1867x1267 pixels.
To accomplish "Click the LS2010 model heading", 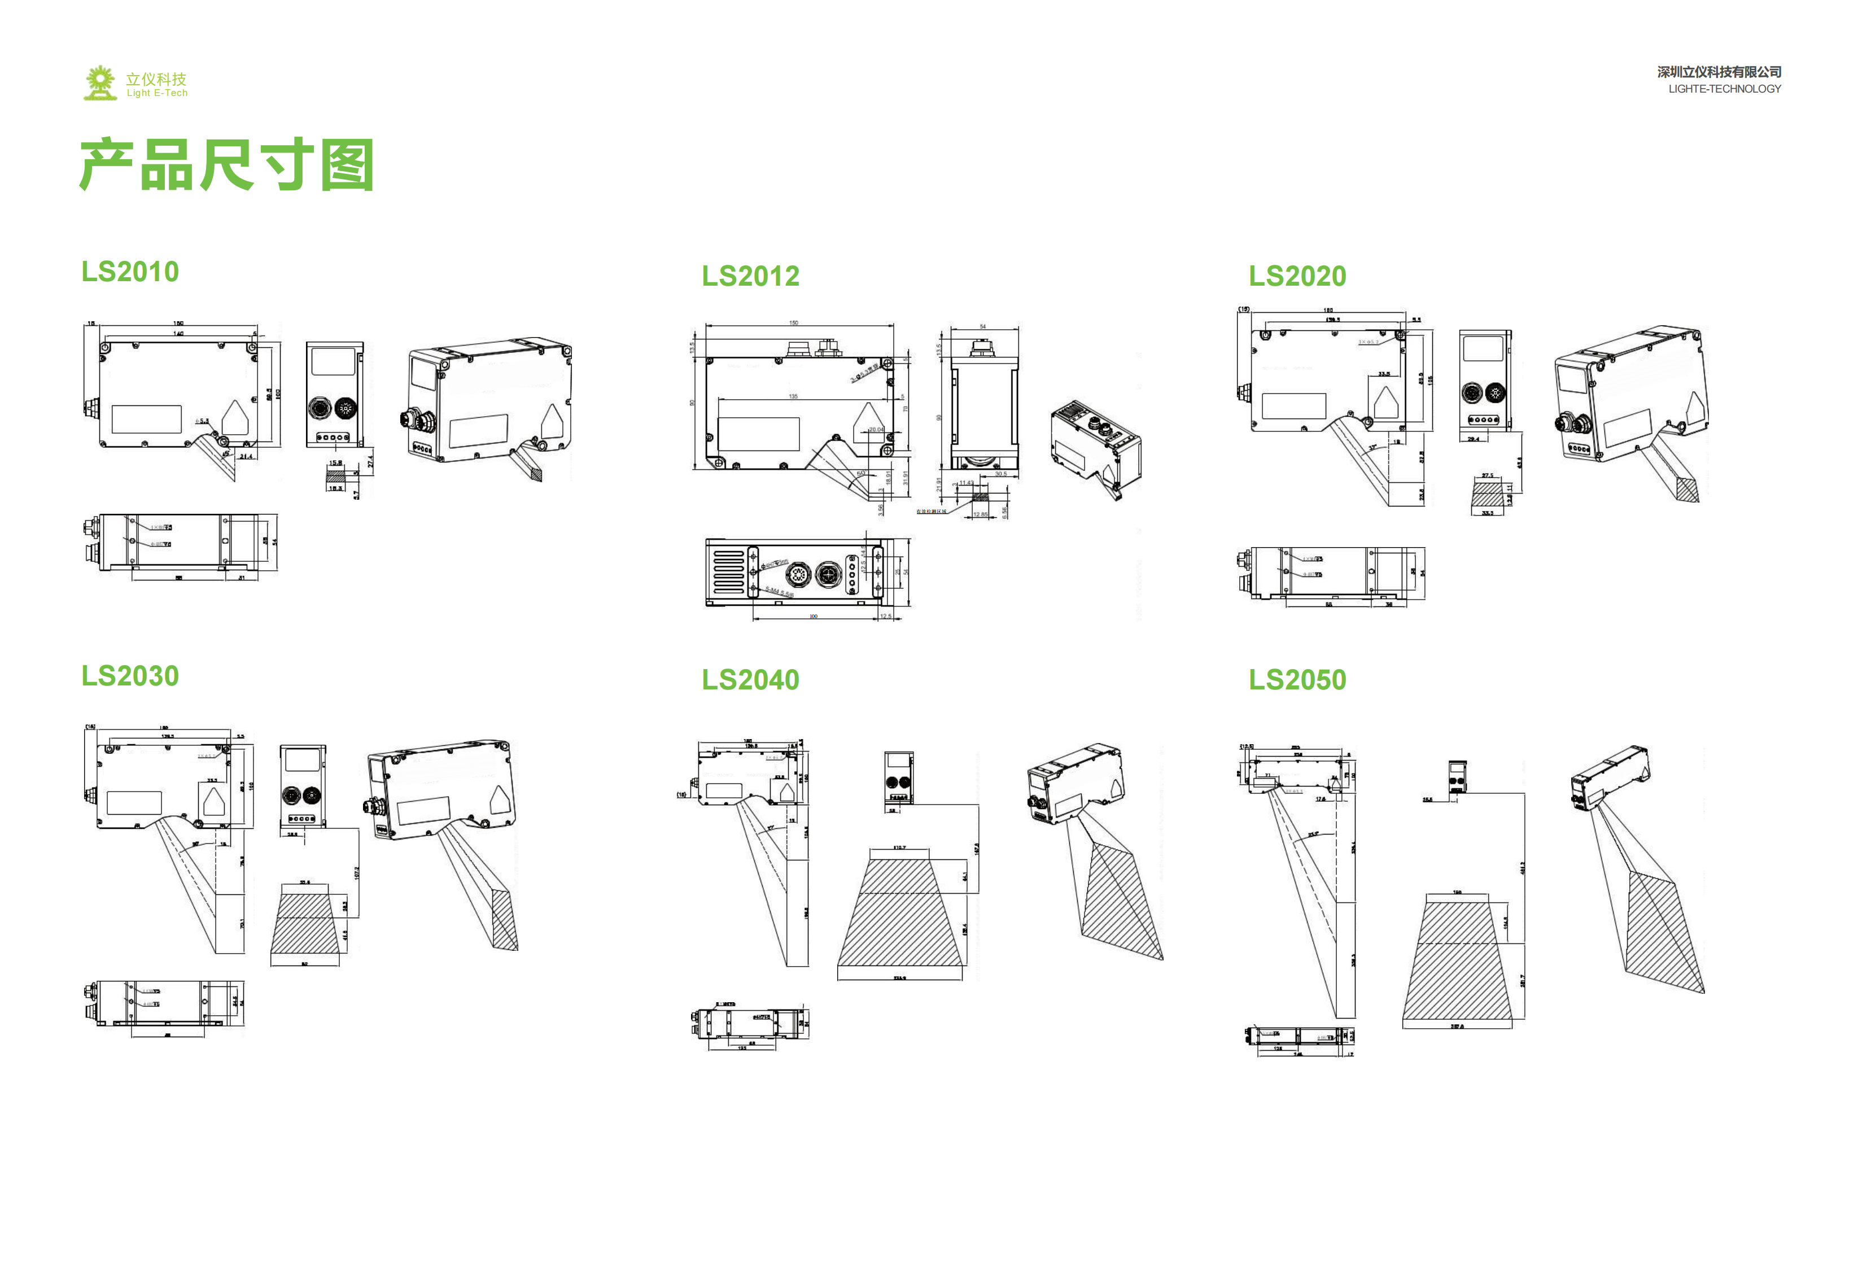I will click(x=130, y=272).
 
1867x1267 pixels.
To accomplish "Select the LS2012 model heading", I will click(x=750, y=276).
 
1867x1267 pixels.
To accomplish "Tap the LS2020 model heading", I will click(x=1297, y=276).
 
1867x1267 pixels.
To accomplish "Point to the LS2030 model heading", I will click(x=130, y=676).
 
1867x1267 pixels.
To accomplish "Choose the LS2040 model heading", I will click(x=750, y=680).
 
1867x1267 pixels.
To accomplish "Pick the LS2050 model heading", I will click(x=1297, y=680).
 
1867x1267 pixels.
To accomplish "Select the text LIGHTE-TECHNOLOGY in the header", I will click(x=1724, y=89).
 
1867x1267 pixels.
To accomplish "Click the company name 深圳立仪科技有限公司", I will click(x=1719, y=72).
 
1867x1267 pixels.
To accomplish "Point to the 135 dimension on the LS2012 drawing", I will click(x=793, y=396).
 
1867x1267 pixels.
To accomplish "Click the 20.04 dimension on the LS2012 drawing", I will click(x=876, y=429).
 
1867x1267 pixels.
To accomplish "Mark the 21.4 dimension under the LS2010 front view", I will click(x=246, y=456).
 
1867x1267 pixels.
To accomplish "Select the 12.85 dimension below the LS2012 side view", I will click(x=980, y=514).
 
